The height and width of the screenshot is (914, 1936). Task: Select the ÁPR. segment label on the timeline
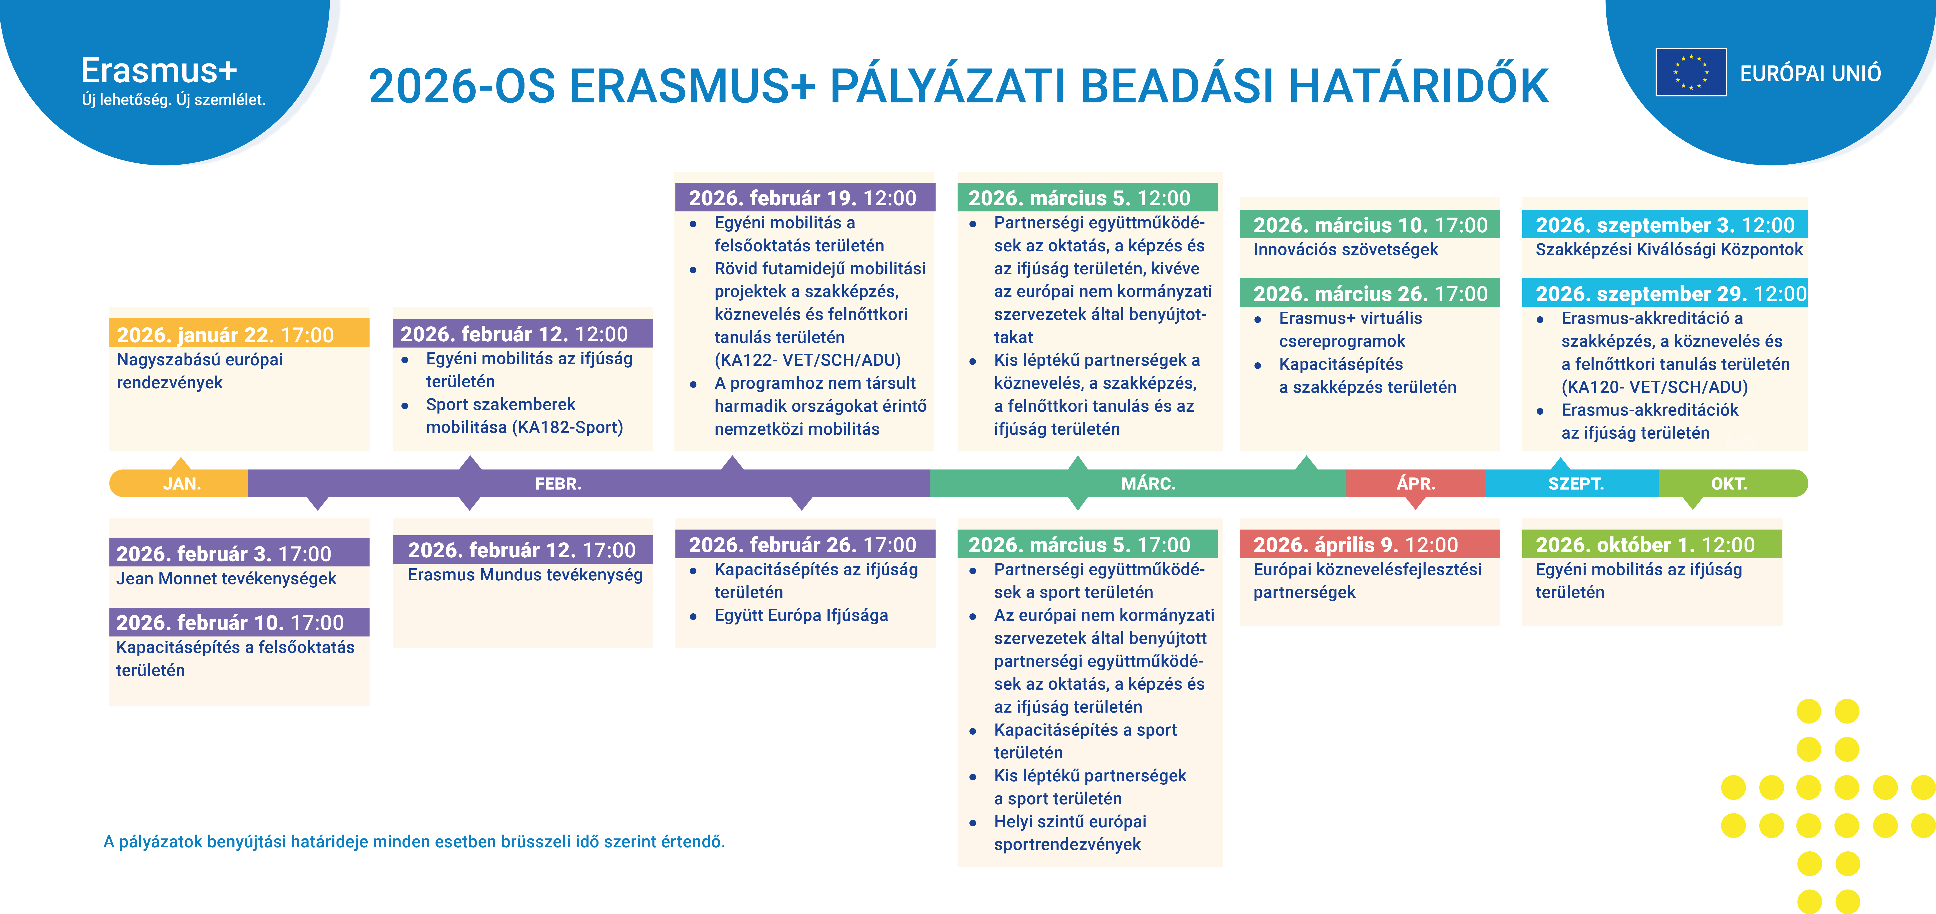click(1416, 484)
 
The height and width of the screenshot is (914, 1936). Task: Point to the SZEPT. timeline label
click(1576, 484)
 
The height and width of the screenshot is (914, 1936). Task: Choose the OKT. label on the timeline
click(1729, 484)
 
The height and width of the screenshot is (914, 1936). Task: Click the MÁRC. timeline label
click(1148, 484)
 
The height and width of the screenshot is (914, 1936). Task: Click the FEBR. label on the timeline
click(558, 484)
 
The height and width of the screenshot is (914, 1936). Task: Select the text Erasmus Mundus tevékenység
click(525, 574)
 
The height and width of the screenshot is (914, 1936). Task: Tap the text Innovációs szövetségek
click(1345, 249)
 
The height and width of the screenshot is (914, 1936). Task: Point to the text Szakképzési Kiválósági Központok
click(1669, 249)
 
